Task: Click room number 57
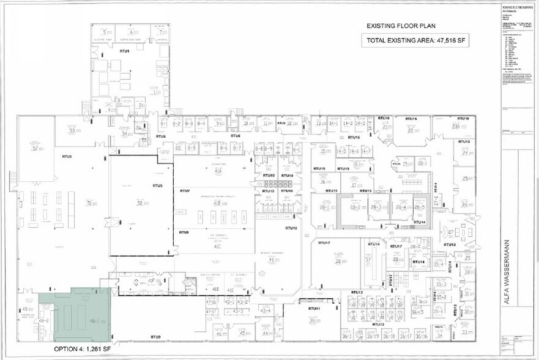(x=35, y=148)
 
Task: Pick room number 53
(x=72, y=130)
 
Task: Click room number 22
(x=410, y=130)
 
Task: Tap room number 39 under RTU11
(x=312, y=320)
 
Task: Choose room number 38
(x=337, y=261)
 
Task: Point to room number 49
(x=24, y=309)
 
